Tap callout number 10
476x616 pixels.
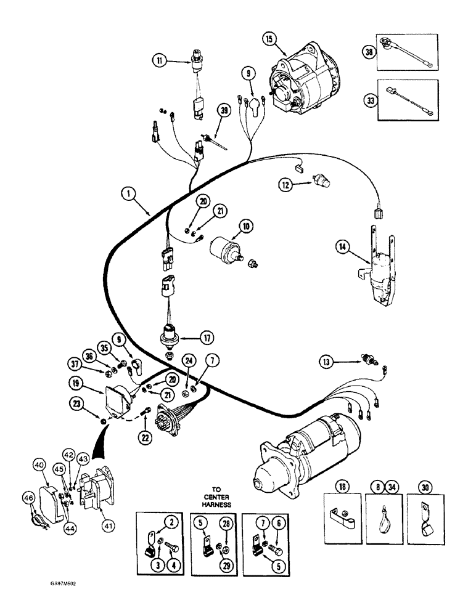246,227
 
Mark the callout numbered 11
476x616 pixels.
160,60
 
